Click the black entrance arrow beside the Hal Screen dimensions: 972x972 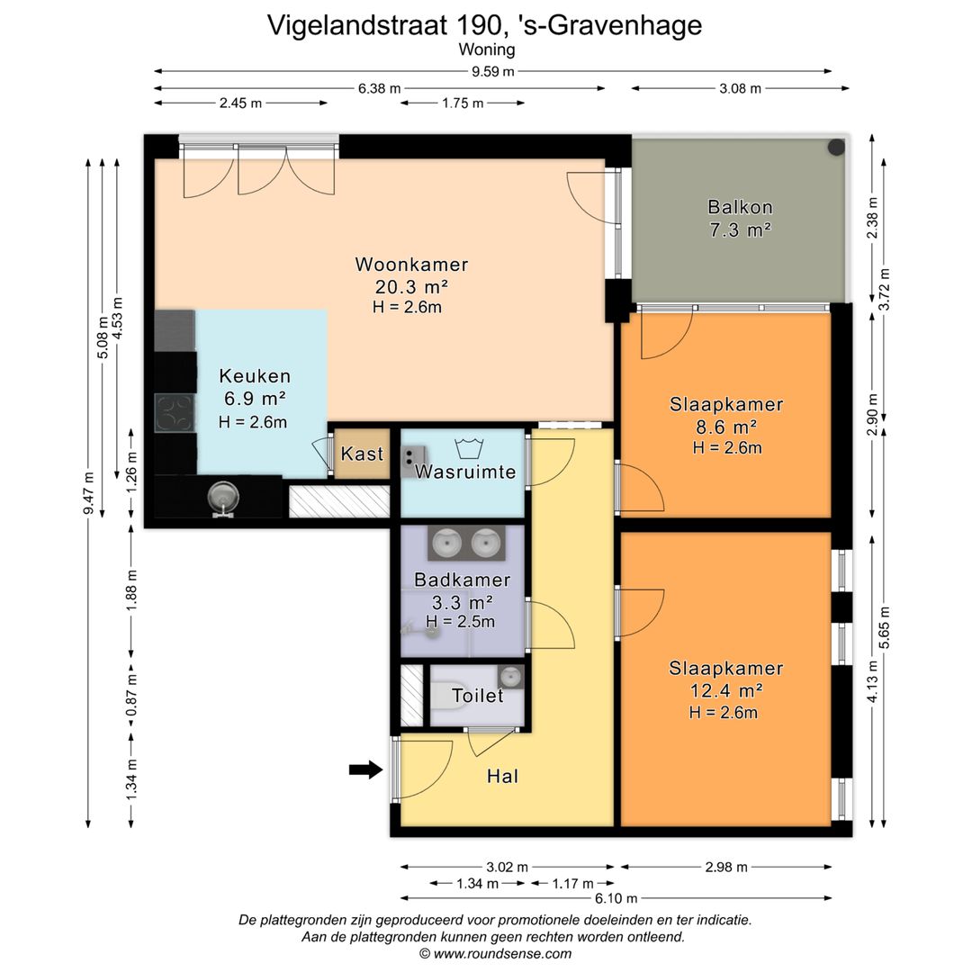coord(365,769)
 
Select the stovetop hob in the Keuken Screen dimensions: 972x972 coord(175,413)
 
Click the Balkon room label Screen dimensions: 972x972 coord(740,206)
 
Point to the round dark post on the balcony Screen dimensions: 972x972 coord(836,147)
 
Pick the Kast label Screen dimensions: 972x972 coord(362,453)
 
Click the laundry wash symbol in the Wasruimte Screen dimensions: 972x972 coord(469,447)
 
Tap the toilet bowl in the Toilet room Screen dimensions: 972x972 coord(443,696)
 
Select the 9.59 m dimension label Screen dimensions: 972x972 coord(493,71)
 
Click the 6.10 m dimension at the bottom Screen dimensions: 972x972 coord(616,897)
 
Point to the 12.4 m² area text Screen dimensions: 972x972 coord(726,690)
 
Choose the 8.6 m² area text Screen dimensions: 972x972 coord(726,427)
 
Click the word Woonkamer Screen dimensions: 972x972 coord(411,264)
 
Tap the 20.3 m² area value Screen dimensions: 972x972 coord(411,286)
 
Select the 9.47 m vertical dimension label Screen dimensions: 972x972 coord(88,493)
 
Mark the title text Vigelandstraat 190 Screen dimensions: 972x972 coord(383,25)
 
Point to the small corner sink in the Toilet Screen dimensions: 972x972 coord(510,676)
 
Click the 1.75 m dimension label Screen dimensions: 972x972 coord(463,103)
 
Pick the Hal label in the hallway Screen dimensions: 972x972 coord(502,776)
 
